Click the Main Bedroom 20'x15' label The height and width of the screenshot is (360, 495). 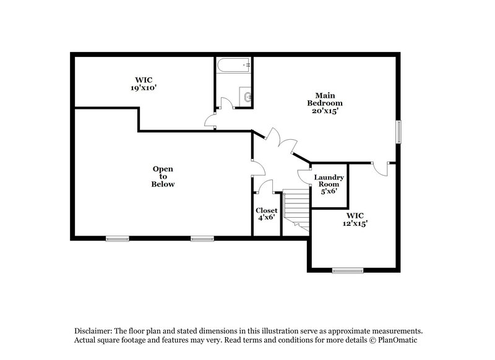325,103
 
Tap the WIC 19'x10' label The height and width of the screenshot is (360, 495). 143,84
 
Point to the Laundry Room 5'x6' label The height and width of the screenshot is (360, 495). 328,184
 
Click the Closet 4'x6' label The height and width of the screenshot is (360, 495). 267,214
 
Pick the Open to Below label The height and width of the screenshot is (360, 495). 163,176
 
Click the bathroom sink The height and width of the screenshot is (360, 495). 247,96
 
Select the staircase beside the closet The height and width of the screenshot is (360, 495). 296,212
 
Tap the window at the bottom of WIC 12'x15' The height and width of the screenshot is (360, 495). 348,270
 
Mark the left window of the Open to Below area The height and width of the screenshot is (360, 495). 117,238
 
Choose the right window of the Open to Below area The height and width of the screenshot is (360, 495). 202,238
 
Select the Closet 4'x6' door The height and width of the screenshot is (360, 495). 265,187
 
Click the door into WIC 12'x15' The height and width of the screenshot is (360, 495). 381,167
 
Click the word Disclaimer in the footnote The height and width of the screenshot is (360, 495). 93,331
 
